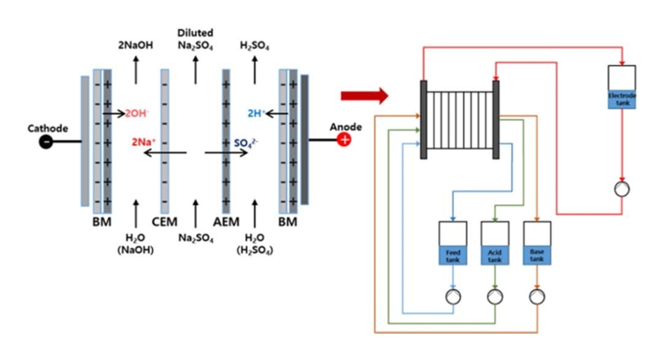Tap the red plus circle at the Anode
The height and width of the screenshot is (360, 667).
[344, 141]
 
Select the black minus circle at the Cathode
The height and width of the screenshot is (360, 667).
[44, 142]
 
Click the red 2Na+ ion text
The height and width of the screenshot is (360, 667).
[144, 141]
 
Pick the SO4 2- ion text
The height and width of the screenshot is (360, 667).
[246, 142]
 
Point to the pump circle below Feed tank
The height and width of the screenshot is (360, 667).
[452, 296]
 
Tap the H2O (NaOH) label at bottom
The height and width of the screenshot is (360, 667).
[136, 243]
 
